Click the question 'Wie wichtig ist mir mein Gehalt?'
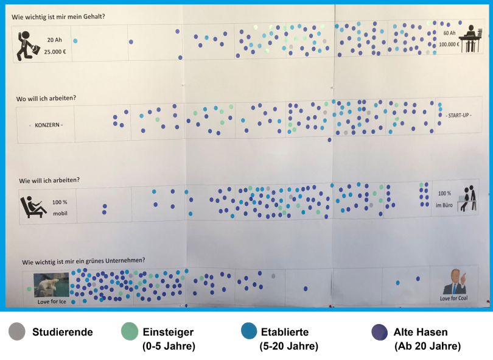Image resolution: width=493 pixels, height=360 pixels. pyautogui.click(x=58, y=16)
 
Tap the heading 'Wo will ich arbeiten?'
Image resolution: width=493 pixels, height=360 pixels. pyautogui.click(x=50, y=98)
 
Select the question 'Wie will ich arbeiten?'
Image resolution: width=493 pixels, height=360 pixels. pyautogui.click(x=49, y=180)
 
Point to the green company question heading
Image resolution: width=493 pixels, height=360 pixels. pyautogui.click(x=83, y=261)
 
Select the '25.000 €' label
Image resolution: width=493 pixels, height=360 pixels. pyautogui.click(x=55, y=52)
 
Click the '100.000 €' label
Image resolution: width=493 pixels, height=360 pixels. pyautogui.click(x=449, y=44)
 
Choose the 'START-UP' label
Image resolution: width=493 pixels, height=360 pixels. pyautogui.click(x=458, y=115)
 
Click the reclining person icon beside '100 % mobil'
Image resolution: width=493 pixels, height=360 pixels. pyautogui.click(x=32, y=206)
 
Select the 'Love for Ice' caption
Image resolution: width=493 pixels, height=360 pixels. pyautogui.click(x=51, y=302)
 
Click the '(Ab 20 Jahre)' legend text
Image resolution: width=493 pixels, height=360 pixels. pyautogui.click(x=427, y=347)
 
